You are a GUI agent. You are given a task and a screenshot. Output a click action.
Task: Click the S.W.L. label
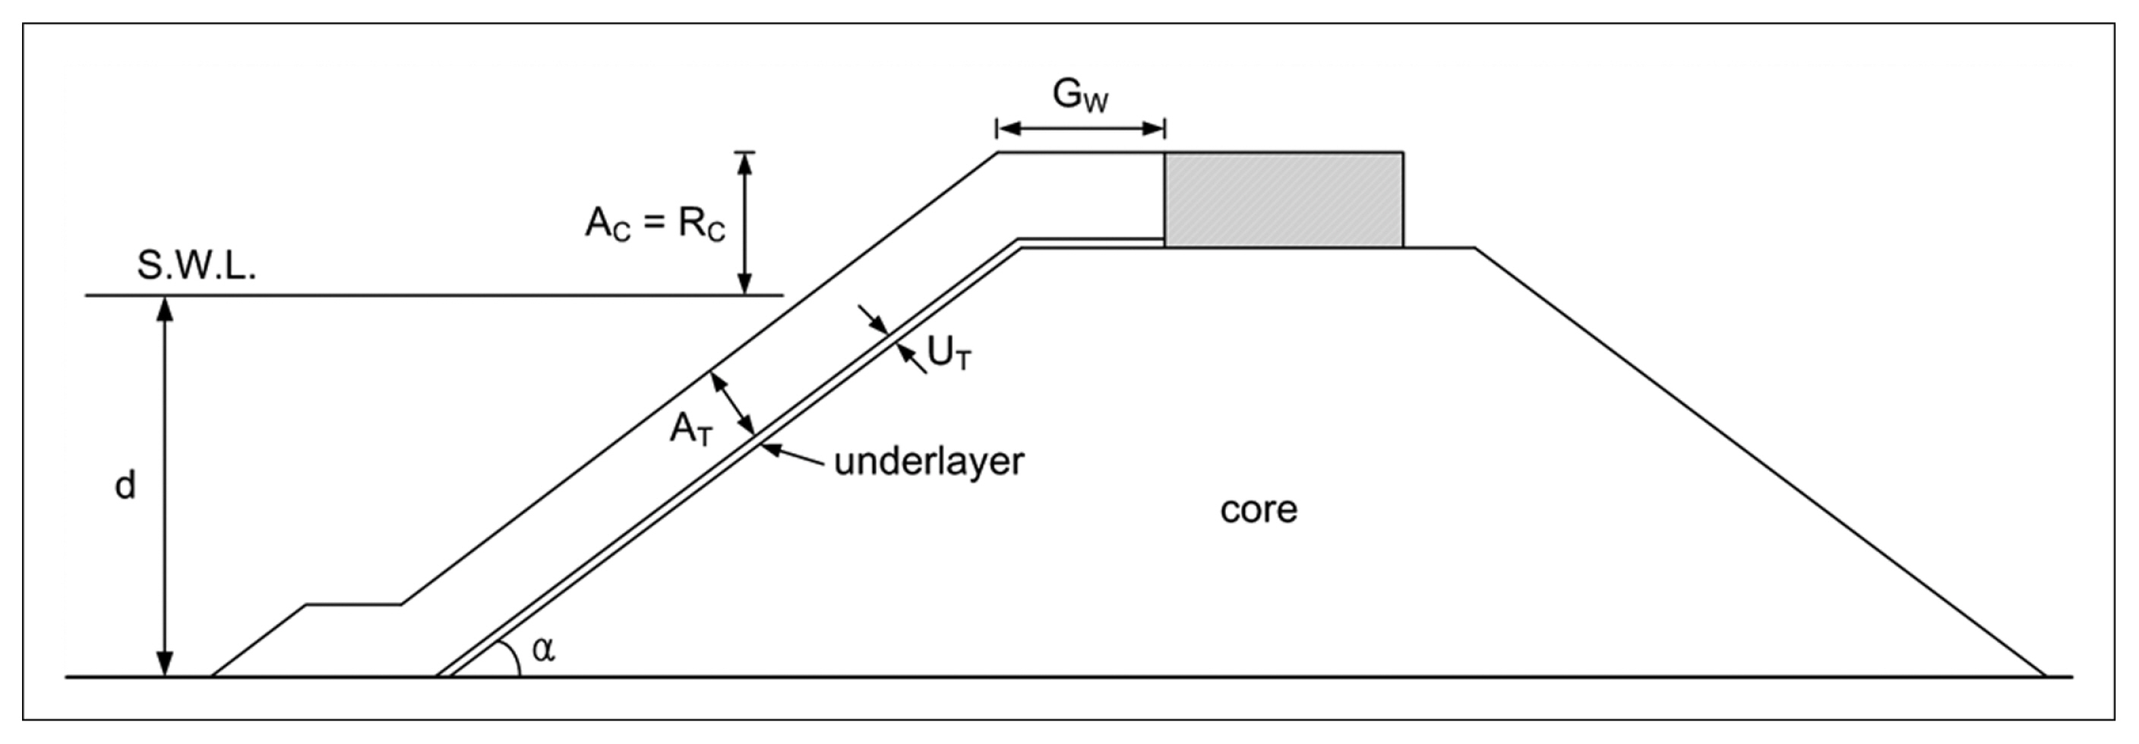pos(196,266)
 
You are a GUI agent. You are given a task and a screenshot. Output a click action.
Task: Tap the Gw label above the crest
pos(1079,96)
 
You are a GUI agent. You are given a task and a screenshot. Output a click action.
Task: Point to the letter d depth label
pos(125,485)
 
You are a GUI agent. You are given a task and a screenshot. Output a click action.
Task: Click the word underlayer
pos(928,462)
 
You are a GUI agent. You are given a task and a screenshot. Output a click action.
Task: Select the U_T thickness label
pos(948,355)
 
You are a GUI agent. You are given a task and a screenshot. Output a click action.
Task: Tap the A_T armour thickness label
pos(691,430)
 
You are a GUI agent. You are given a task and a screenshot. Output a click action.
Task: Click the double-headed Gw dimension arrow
pos(1080,129)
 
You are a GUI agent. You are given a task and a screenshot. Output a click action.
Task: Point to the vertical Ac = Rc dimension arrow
pos(745,222)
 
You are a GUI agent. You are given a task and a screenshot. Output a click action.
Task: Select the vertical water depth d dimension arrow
pos(166,486)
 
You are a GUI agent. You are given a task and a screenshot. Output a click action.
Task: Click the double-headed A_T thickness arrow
pos(731,405)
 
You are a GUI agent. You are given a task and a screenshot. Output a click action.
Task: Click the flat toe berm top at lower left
pos(354,604)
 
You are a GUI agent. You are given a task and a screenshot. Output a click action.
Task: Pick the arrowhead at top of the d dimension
pos(166,308)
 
